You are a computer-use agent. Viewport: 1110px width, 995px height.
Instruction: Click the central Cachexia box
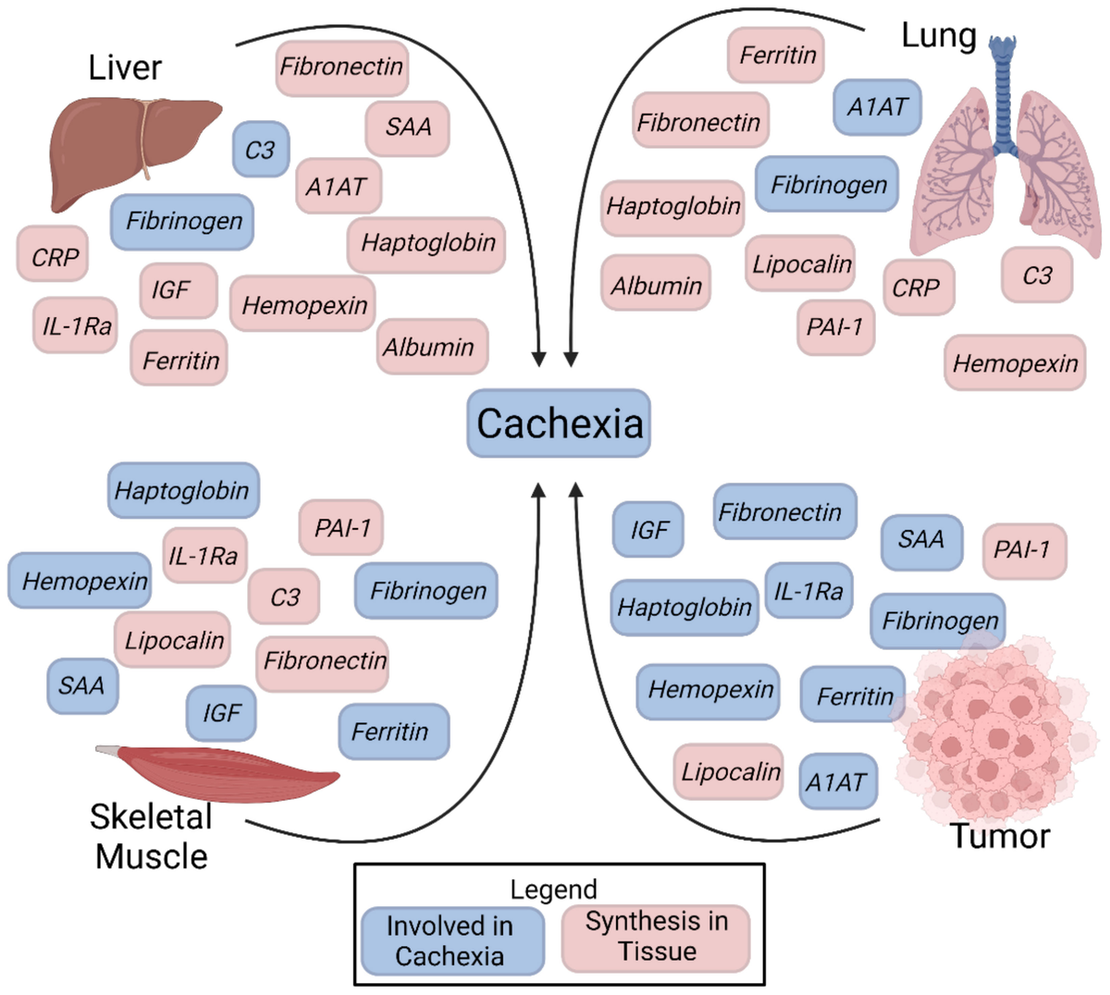pos(559,424)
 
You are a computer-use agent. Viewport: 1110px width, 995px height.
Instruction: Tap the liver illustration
pos(129,148)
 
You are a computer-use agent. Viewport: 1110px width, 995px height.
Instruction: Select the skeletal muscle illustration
pos(222,768)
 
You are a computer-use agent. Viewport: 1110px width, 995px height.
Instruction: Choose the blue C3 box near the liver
pos(260,149)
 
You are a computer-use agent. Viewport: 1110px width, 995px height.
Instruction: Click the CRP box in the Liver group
pos(54,256)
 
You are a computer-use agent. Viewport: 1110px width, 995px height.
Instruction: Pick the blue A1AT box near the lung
pos(877,107)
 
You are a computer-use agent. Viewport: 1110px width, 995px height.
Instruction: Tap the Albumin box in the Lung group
pos(656,286)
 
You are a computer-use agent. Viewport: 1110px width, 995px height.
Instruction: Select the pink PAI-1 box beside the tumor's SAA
pos(1023,550)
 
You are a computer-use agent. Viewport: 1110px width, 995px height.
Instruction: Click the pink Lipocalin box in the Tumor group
pos(730,771)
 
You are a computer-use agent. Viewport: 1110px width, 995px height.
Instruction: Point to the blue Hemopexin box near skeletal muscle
pos(80,582)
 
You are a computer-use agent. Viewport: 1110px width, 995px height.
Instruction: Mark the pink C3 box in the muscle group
pos(284,597)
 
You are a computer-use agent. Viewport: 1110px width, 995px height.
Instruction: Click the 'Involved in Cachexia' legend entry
pos(451,940)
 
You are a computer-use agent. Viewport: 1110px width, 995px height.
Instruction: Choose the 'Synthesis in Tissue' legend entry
pos(656,937)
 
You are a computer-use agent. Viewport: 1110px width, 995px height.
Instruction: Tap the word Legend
pos(554,890)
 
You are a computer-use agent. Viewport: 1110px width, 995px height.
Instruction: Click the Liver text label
pos(125,68)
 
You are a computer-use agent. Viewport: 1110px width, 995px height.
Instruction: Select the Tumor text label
pos(1000,836)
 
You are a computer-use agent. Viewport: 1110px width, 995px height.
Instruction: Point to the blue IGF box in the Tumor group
pos(648,530)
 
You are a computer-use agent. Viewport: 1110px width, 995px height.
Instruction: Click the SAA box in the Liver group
pos(407,127)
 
